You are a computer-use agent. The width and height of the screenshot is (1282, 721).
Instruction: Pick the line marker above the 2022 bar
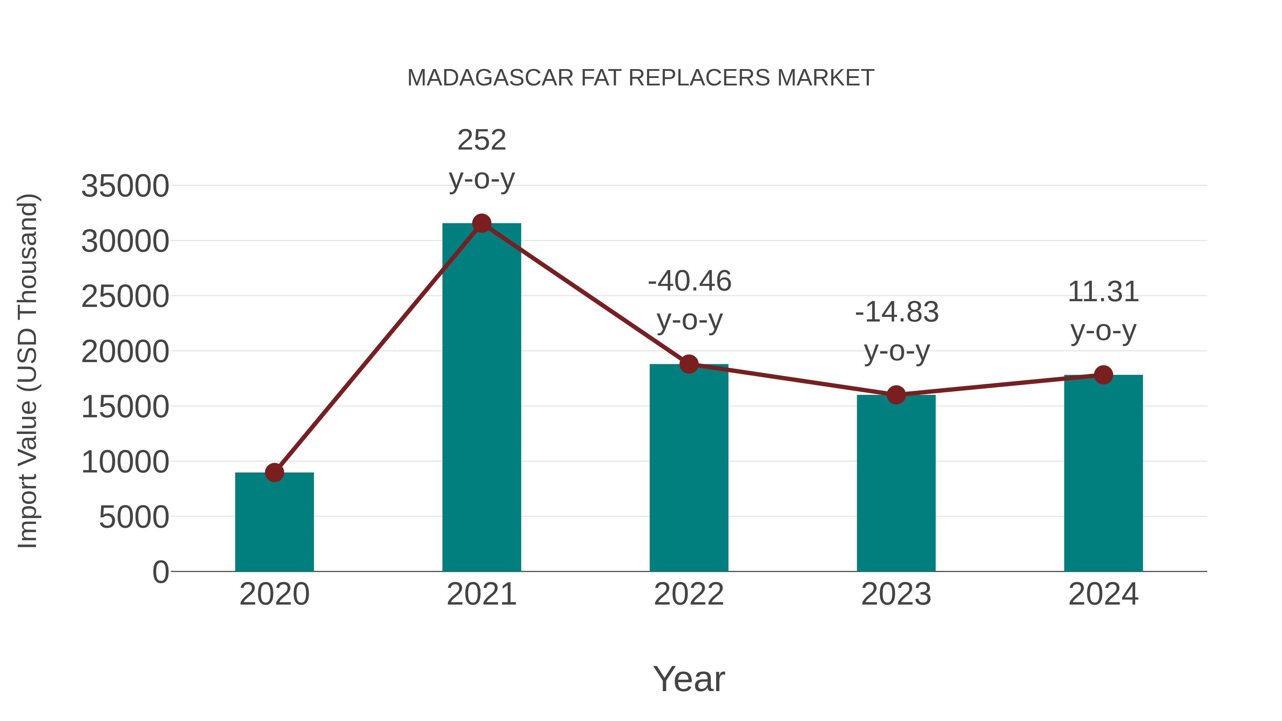(x=689, y=364)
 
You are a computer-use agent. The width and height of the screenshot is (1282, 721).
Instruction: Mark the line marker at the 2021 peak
(x=481, y=223)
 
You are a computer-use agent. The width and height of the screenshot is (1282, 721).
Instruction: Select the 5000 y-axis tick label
(x=134, y=517)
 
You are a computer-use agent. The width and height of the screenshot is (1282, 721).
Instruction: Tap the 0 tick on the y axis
(x=160, y=572)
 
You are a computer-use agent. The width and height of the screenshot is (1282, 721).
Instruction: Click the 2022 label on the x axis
(x=689, y=594)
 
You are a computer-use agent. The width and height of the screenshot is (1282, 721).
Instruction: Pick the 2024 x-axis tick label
(x=1103, y=594)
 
